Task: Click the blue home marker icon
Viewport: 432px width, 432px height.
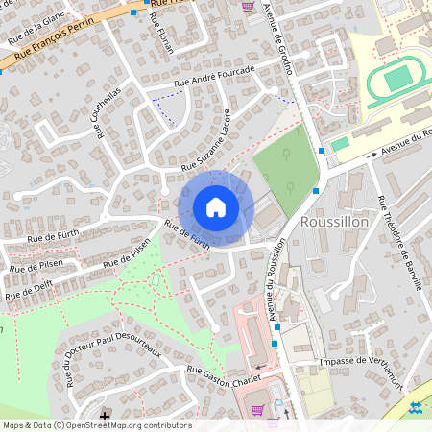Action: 216,207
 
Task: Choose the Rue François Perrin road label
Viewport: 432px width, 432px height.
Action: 56,45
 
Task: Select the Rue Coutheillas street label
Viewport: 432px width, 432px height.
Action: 107,112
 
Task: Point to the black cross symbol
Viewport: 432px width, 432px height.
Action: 105,415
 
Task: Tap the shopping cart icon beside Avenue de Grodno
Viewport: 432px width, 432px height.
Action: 249,7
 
